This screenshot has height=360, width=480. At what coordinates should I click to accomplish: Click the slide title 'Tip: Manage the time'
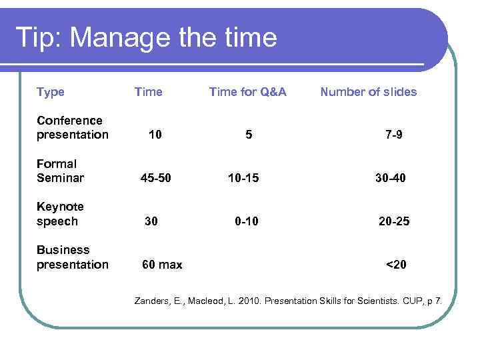tap(145, 37)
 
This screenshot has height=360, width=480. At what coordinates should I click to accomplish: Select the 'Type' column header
tap(51, 92)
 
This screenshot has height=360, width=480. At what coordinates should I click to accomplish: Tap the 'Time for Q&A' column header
tap(247, 92)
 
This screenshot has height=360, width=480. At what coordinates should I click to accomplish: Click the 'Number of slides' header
tap(368, 92)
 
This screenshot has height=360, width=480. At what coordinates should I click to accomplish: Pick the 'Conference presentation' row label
tap(72, 127)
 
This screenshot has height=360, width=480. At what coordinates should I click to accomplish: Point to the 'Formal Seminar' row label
tap(57, 171)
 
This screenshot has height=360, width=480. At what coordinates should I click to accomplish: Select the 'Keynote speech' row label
tap(60, 214)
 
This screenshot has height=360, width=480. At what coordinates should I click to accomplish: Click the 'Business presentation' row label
tap(72, 257)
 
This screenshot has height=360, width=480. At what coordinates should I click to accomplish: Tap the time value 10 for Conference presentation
tap(155, 135)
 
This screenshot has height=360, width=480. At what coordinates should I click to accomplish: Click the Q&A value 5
tap(249, 135)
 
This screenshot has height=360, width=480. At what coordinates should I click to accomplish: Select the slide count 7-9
tap(393, 135)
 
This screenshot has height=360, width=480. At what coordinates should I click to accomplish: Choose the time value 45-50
tap(155, 178)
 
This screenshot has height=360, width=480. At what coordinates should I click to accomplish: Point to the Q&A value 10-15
tap(243, 178)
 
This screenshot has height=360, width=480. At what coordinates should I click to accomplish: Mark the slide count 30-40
tap(390, 178)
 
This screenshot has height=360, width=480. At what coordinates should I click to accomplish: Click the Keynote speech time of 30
tap(151, 221)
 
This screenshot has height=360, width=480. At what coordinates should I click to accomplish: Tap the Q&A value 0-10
tap(246, 221)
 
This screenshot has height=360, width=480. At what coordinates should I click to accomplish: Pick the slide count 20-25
tap(394, 221)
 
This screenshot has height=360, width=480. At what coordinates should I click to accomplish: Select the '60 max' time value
tap(162, 265)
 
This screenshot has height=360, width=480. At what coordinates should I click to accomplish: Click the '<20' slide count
tap(396, 265)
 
